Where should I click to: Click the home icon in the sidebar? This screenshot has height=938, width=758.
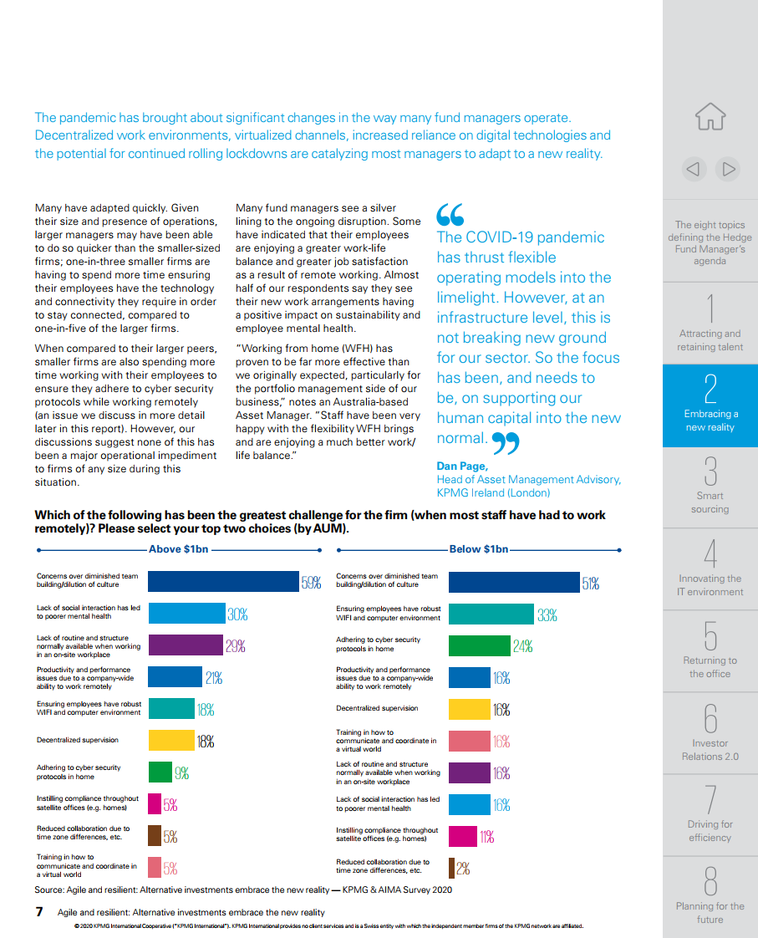coord(710,117)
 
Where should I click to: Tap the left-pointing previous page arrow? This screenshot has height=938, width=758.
coord(694,170)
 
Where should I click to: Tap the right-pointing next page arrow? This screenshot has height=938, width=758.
coord(728,170)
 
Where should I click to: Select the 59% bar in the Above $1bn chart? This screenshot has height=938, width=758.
coord(224,582)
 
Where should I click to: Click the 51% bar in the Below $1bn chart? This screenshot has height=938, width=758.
coord(514,582)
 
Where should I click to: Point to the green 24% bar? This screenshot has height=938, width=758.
coord(480,645)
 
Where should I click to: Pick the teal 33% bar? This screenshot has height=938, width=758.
coord(491,614)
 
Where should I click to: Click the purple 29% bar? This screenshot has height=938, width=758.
coord(186,645)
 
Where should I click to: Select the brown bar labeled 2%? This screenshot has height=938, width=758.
coord(452,868)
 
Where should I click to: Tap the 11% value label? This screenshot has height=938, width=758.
coord(487,837)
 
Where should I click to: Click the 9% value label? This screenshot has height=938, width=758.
coord(181,773)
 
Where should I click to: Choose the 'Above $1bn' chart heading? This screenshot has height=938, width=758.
coord(179,549)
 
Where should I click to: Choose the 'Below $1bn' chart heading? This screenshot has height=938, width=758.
coord(479,549)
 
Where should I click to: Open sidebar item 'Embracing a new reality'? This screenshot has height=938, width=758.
coord(710,405)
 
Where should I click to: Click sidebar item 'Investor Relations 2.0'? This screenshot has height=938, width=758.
coord(710,733)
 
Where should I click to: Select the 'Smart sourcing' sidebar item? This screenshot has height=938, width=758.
coord(710,487)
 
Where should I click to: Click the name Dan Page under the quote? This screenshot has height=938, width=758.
coord(462,466)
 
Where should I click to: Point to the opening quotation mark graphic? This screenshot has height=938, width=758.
coord(450,214)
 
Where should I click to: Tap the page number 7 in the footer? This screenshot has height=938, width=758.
coord(39,912)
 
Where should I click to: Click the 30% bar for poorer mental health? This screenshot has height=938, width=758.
coord(187,613)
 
